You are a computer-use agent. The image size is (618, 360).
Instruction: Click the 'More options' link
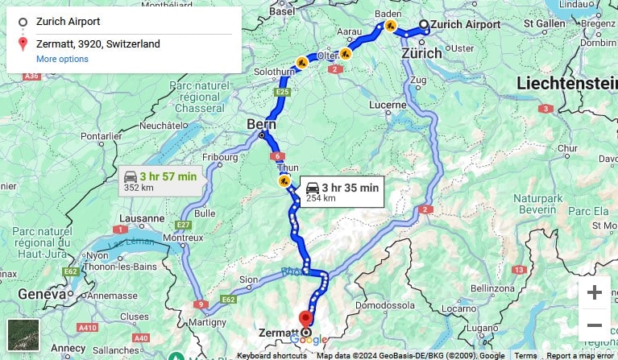pyautogui.click(x=62, y=59)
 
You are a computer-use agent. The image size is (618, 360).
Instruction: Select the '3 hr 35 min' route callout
pyautogui.click(x=342, y=192)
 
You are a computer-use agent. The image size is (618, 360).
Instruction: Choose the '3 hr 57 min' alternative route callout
pyautogui.click(x=160, y=181)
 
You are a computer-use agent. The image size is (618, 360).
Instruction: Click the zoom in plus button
pyautogui.click(x=595, y=292)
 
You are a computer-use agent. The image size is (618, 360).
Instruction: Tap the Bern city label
pyautogui.click(x=262, y=124)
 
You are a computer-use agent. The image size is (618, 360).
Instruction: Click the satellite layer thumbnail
pyautogui.click(x=23, y=335)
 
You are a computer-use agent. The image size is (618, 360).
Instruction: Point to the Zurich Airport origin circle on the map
pyautogui.click(x=424, y=24)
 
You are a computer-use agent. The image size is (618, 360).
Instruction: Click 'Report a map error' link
pyautogui.click(x=580, y=355)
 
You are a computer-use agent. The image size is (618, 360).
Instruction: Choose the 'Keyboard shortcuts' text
pyautogui.click(x=272, y=355)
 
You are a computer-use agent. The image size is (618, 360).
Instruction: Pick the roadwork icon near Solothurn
pyautogui.click(x=301, y=61)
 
